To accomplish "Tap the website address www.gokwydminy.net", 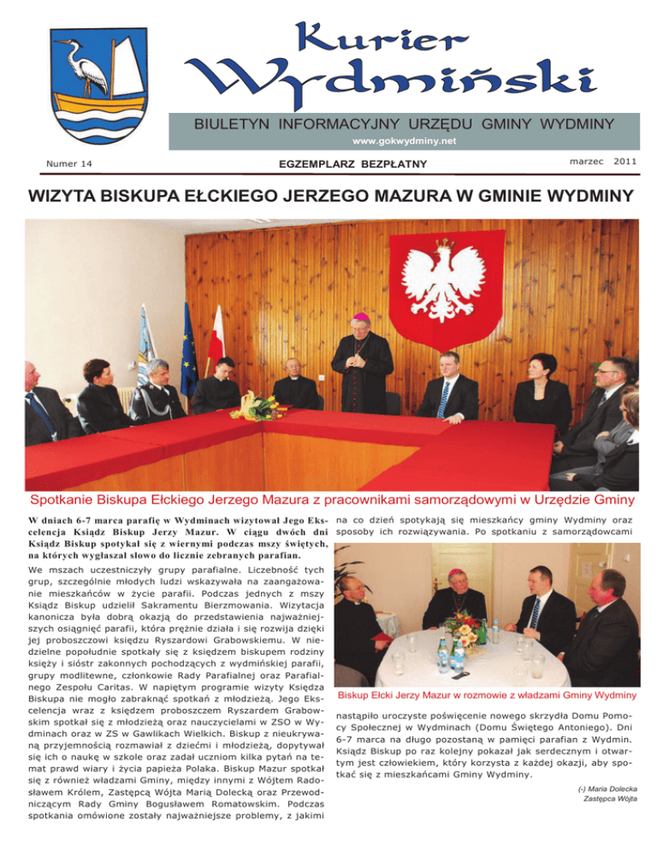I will (x=406, y=140).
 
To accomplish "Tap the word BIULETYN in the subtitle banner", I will (x=233, y=126).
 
